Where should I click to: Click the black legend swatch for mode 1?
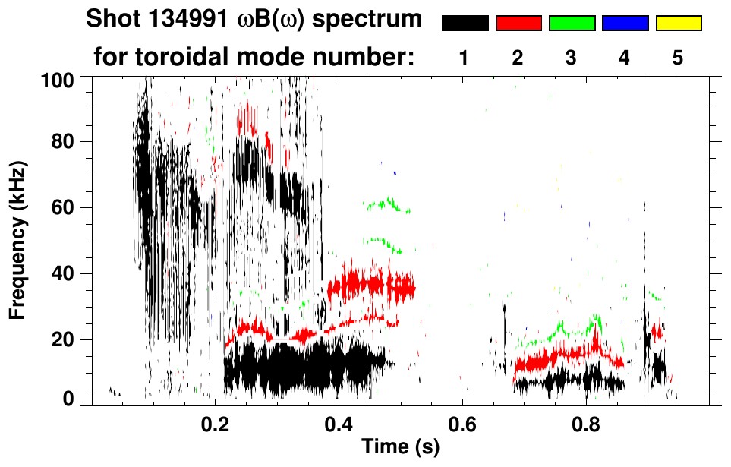click(465, 24)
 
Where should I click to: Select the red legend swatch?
click(518, 24)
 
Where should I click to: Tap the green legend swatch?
click(572, 24)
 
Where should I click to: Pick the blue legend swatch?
click(625, 24)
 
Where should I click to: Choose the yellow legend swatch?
click(679, 24)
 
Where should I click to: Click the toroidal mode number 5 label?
click(678, 58)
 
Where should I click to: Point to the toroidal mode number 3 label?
click(572, 58)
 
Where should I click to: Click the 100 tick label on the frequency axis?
click(60, 78)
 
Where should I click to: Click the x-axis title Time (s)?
click(400, 448)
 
